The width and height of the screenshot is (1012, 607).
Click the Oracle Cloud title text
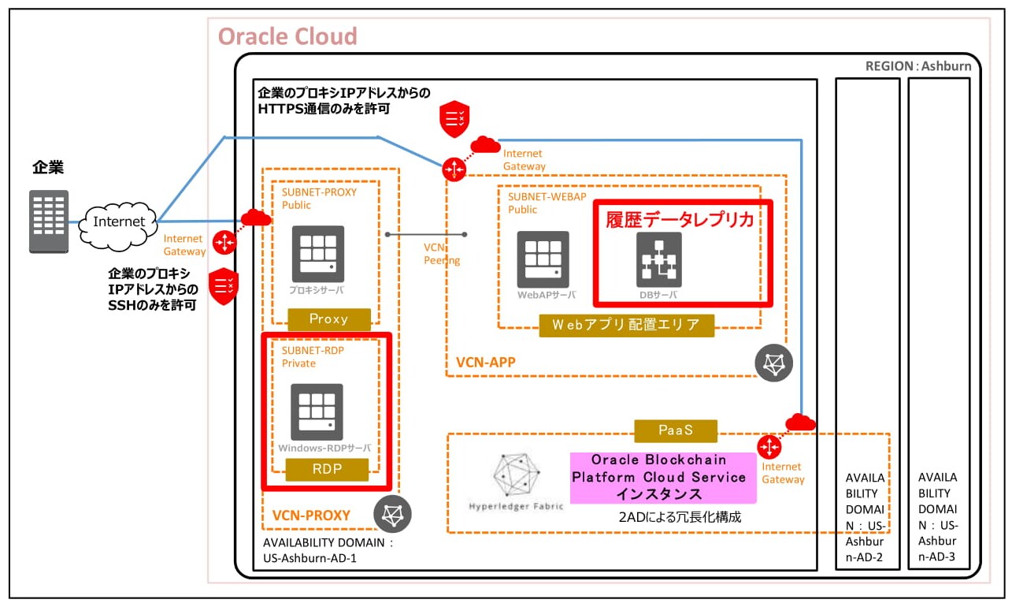[x=287, y=36]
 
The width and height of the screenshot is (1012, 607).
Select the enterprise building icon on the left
[x=49, y=222]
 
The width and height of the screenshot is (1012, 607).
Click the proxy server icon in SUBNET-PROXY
[x=317, y=254]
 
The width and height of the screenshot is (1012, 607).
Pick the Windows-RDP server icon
[x=317, y=411]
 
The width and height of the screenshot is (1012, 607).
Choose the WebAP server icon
[x=543, y=259]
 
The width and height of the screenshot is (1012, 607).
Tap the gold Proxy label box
[x=328, y=319]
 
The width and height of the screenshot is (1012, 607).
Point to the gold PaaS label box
[x=676, y=430]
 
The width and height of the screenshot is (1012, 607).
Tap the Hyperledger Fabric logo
[x=516, y=478]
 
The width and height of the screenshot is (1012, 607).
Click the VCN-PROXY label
[x=311, y=516]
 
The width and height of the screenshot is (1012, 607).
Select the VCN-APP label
[x=486, y=363]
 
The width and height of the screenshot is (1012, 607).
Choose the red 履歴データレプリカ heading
[x=680, y=220]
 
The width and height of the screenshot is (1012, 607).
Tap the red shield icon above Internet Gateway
[x=455, y=118]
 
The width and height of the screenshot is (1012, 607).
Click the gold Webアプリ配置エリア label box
[x=626, y=325]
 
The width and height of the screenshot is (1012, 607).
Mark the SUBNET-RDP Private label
[x=315, y=356]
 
